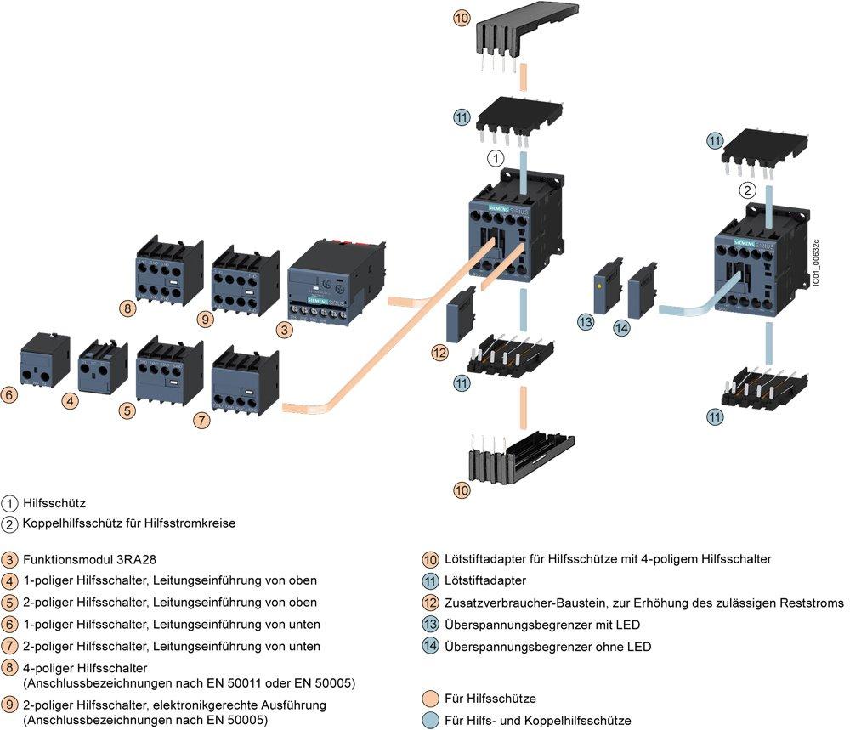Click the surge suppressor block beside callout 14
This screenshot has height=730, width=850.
click(643, 291)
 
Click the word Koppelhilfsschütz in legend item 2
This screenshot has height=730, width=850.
click(67, 523)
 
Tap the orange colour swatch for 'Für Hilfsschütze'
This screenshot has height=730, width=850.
click(431, 699)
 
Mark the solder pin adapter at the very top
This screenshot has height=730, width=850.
click(518, 33)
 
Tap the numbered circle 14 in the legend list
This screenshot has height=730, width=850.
click(431, 647)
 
